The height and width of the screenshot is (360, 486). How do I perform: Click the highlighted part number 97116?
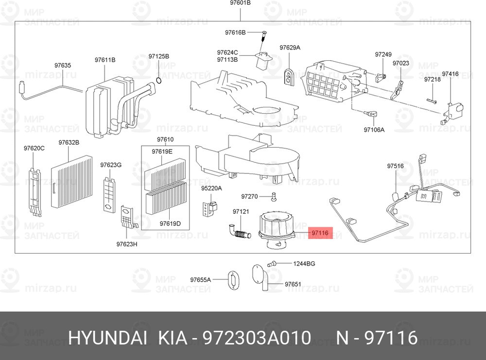pyautogui.click(x=320, y=233)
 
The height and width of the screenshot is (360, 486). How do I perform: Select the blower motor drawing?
pyautogui.click(x=276, y=229)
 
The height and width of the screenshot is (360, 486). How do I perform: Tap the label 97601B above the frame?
pyautogui.click(x=240, y=3)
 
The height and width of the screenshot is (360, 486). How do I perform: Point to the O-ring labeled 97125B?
pyautogui.click(x=158, y=81)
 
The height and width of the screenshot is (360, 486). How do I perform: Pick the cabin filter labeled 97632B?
pyautogui.click(x=71, y=182)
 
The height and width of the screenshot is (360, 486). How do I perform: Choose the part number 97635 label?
pyautogui.click(x=63, y=66)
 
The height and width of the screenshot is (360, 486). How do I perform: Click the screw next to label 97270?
pyautogui.click(x=273, y=197)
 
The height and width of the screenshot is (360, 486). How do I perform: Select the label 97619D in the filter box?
pyautogui.click(x=170, y=223)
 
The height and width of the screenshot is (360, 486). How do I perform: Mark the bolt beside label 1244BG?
pyautogui.click(x=271, y=264)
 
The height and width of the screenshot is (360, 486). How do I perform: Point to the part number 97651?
pyautogui.click(x=293, y=284)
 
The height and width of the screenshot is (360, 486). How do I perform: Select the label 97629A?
pyautogui.click(x=290, y=48)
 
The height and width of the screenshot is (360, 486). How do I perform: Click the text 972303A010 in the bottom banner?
pyautogui.click(x=257, y=337)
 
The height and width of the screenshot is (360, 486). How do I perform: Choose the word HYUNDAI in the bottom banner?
pyautogui.click(x=107, y=337)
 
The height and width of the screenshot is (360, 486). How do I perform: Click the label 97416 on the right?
pyautogui.click(x=450, y=74)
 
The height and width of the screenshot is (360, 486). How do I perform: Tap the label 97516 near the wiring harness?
pyautogui.click(x=395, y=166)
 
